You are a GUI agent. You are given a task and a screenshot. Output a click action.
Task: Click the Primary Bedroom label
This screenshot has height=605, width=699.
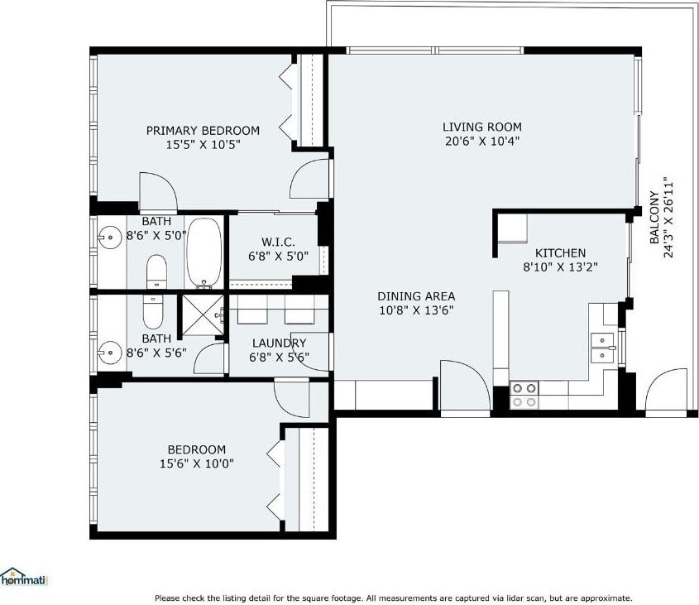(203, 131)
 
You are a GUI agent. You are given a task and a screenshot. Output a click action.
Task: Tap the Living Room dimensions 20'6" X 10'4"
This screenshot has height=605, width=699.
(482, 142)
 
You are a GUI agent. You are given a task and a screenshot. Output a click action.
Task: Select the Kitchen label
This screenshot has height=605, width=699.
(560, 253)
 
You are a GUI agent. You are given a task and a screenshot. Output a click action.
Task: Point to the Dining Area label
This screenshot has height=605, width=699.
(416, 296)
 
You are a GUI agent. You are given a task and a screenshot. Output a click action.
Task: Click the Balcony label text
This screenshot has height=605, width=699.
(654, 218)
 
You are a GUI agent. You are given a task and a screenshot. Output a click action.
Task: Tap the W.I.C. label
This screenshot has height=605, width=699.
(278, 242)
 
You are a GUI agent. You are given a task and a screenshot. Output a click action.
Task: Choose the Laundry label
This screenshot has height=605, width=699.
(280, 343)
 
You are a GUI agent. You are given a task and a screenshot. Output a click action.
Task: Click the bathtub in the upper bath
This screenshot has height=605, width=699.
(204, 253)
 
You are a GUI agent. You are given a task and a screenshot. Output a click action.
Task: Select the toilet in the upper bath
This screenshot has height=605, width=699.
(156, 271)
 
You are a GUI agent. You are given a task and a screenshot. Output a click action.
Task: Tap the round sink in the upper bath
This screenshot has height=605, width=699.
(109, 238)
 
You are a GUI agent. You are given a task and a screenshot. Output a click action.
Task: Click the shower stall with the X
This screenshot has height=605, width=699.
(203, 315)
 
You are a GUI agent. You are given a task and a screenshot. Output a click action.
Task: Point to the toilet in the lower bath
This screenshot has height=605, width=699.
(154, 312)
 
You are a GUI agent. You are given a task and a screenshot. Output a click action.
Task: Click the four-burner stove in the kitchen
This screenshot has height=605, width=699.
(524, 395)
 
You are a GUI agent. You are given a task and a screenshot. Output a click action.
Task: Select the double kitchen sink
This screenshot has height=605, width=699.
(602, 348)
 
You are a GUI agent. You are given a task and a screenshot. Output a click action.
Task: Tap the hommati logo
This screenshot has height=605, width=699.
(24, 578)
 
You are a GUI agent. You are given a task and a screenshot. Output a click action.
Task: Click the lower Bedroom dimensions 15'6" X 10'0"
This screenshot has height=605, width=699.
(197, 464)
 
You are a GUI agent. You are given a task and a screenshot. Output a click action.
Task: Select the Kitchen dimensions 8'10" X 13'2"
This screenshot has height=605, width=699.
(560, 267)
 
